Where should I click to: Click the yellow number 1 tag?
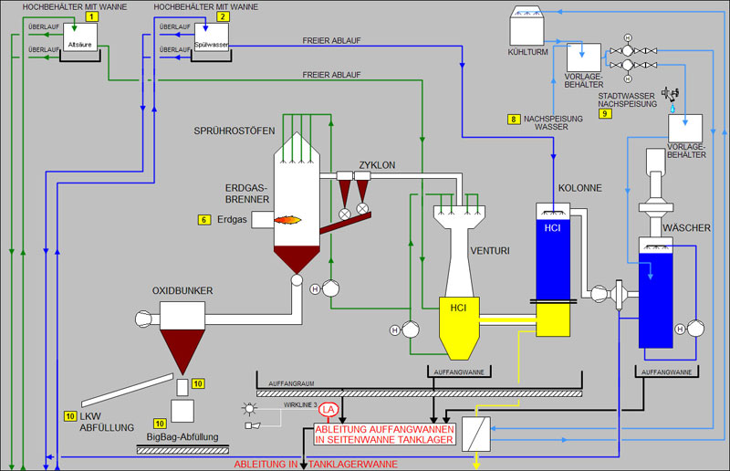pyautogui.click(x=91, y=16)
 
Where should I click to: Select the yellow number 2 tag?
pyautogui.click(x=224, y=16)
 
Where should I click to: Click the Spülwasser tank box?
pyautogui.click(x=211, y=42)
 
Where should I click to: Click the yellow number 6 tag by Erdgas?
pyautogui.click(x=203, y=219)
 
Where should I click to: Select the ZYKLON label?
pyautogui.click(x=377, y=165)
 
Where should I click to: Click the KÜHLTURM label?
pyautogui.click(x=527, y=52)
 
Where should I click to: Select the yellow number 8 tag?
pyautogui.click(x=515, y=119)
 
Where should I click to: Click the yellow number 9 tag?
pyautogui.click(x=605, y=113)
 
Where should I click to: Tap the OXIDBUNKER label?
pyautogui.click(x=182, y=290)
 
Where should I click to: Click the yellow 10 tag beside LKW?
pyautogui.click(x=70, y=416)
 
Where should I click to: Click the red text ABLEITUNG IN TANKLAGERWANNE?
pyautogui.click(x=316, y=464)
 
